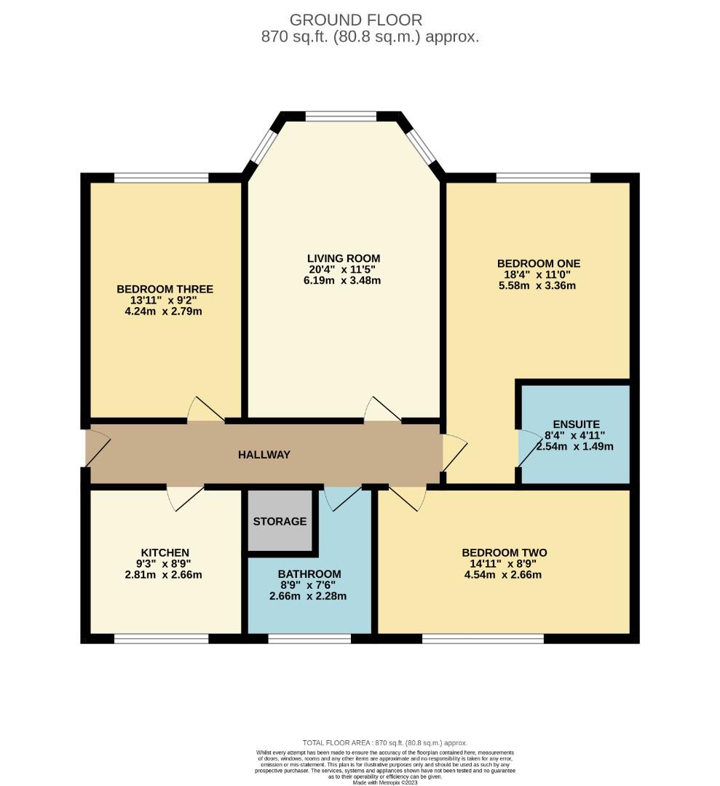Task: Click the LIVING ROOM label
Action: (x=343, y=258)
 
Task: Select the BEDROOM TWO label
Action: (x=504, y=553)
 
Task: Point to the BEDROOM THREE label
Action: (x=165, y=289)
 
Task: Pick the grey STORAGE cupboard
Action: (x=280, y=521)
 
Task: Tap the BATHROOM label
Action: (x=309, y=574)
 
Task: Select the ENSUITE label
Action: (x=576, y=424)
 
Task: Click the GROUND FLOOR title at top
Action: (x=355, y=20)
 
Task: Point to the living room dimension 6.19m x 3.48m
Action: (x=343, y=281)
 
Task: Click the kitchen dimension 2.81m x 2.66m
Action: (x=163, y=575)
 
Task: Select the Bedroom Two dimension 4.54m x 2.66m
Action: (x=504, y=575)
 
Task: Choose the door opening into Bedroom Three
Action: (x=205, y=410)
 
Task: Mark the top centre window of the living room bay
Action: (x=340, y=116)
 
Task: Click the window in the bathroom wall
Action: (x=309, y=639)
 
